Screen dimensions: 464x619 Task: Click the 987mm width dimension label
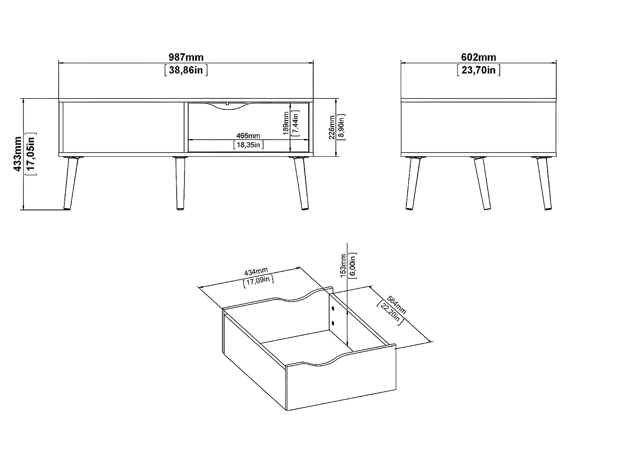pyautogui.click(x=186, y=57)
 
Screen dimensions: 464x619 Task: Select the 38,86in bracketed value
pyautogui.click(x=186, y=70)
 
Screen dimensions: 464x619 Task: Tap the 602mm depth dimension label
pyautogui.click(x=478, y=57)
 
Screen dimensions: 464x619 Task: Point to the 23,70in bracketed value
pyautogui.click(x=478, y=70)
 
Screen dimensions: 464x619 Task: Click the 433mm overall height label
pyautogui.click(x=18, y=154)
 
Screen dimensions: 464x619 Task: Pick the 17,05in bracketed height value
pyautogui.click(x=31, y=154)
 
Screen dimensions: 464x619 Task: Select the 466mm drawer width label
pyautogui.click(x=248, y=136)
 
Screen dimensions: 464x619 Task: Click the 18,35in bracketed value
pyautogui.click(x=248, y=145)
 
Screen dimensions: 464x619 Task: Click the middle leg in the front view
pyautogui.click(x=180, y=184)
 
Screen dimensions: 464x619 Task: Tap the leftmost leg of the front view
pyautogui.click(x=71, y=184)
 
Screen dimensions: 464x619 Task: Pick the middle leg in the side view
pyautogui.click(x=482, y=184)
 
